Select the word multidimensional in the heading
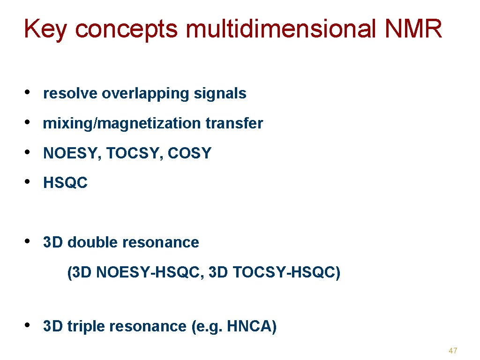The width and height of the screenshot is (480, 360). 281,29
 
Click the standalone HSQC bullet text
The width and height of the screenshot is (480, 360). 65,183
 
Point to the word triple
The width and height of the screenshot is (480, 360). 83,326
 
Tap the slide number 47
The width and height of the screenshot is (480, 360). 453,351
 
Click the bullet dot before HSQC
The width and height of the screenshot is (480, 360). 29,182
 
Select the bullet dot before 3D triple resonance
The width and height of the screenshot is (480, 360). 29,325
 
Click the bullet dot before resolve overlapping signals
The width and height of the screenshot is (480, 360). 29,92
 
